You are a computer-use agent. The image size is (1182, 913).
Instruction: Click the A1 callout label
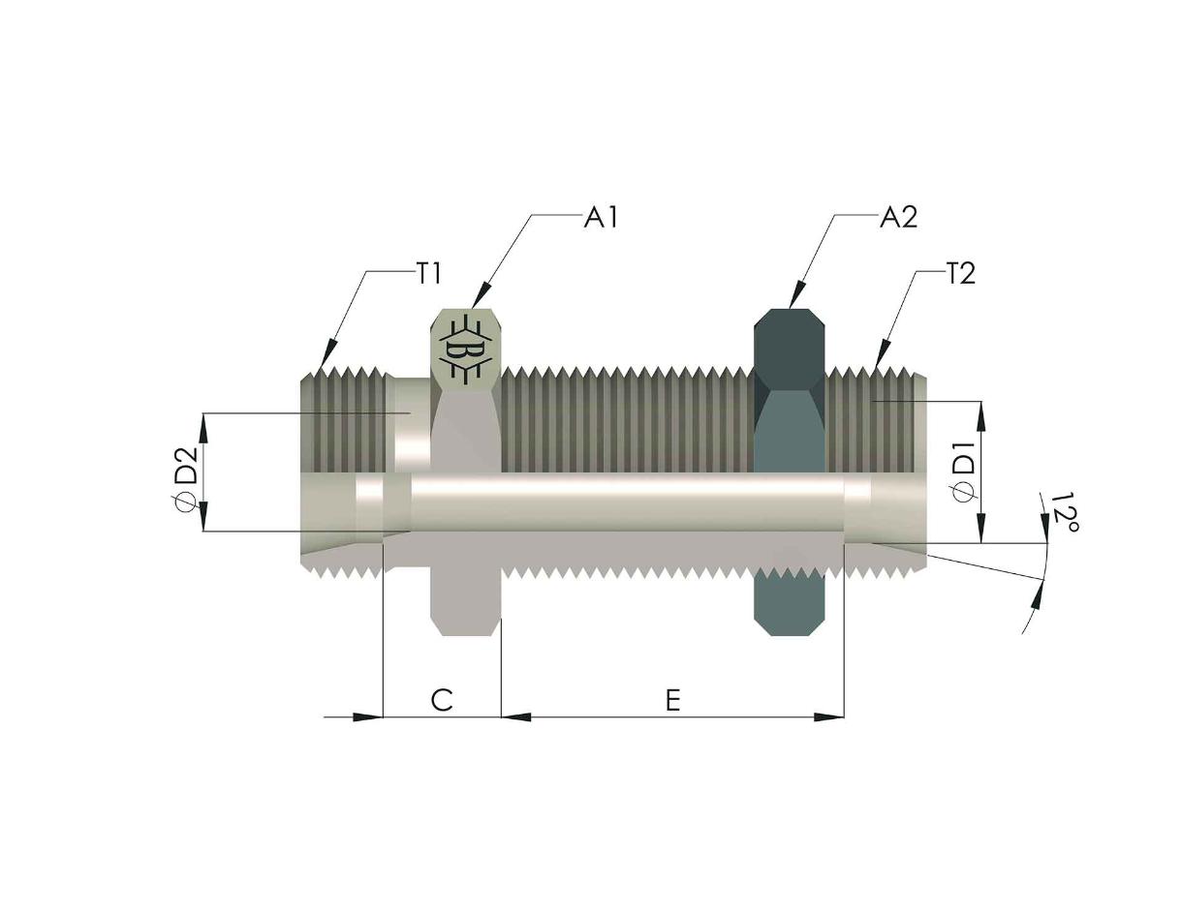click(x=601, y=218)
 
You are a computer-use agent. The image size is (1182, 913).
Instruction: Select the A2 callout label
click(x=898, y=218)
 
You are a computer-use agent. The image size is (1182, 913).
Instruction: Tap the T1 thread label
click(x=428, y=274)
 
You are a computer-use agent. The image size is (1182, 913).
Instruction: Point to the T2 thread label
click(x=960, y=274)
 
